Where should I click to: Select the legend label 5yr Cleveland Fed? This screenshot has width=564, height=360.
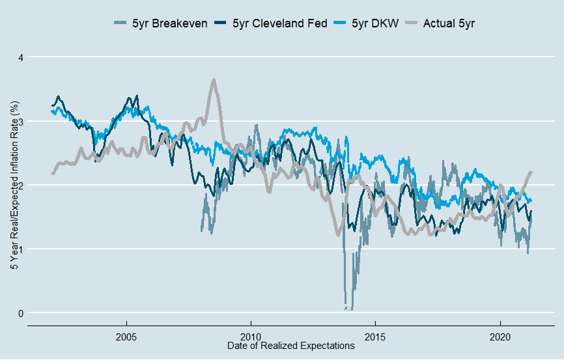coord(275,23)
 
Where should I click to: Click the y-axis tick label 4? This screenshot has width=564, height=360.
coord(20,57)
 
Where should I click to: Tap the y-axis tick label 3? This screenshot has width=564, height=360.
coord(20,121)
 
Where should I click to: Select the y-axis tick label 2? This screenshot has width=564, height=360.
coord(20,185)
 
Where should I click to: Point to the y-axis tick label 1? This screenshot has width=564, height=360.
coord(20,249)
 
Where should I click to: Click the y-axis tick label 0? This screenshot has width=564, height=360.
coord(20,313)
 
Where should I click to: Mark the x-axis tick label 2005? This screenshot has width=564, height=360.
coord(126,338)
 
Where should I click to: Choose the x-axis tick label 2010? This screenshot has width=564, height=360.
coord(250,338)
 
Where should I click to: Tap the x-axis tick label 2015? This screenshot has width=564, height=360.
coord(374,338)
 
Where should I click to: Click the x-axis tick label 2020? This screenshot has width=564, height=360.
coord(500,338)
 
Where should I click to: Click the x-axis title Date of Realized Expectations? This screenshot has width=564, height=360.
coord(291,346)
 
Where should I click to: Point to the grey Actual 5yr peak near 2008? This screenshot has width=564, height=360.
coord(213,80)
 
